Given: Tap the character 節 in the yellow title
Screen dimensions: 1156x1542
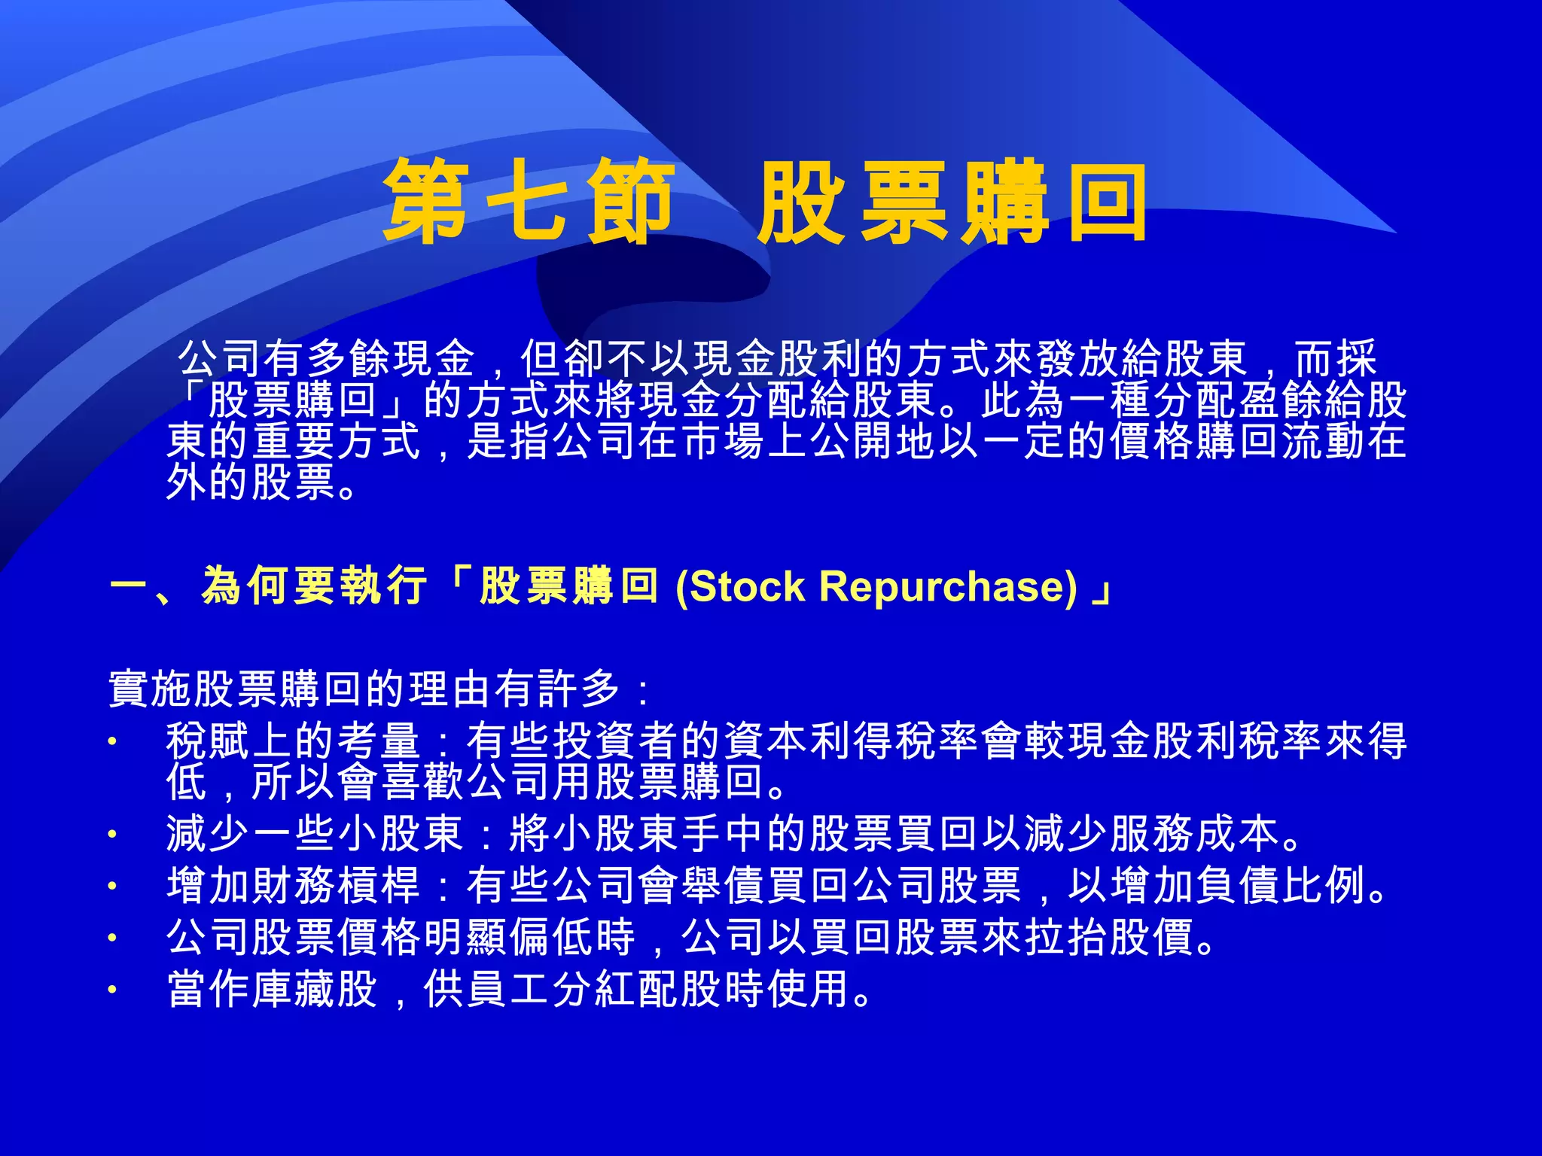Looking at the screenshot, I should click(x=629, y=202).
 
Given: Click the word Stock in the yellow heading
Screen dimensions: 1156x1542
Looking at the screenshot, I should click(x=747, y=586).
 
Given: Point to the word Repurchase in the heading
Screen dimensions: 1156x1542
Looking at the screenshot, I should click(x=948, y=586).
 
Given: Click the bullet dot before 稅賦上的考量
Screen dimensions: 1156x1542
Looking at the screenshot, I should click(x=112, y=741).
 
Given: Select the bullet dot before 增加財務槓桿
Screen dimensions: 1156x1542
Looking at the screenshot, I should click(x=112, y=886).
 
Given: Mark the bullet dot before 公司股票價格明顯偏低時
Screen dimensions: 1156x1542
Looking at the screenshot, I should click(x=112, y=938).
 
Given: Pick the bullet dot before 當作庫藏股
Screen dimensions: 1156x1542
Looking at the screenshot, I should click(x=112, y=990).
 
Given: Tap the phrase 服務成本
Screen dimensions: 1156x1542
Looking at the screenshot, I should click(x=1194, y=833).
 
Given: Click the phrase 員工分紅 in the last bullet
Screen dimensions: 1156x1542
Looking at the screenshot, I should click(x=551, y=989).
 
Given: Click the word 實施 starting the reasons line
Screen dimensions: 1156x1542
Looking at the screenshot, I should click(x=151, y=688).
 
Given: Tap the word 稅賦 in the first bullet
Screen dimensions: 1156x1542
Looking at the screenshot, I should click(x=208, y=741).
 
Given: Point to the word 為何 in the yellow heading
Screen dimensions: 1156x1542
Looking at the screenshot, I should click(x=247, y=586).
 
